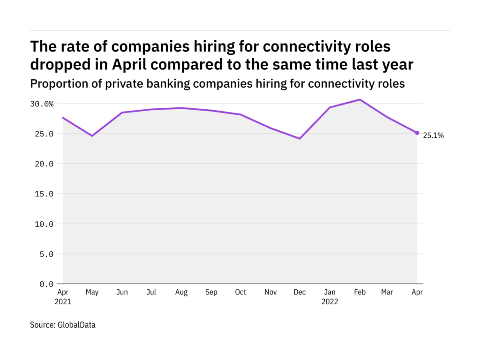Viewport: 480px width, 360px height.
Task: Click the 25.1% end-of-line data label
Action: pyautogui.click(x=433, y=136)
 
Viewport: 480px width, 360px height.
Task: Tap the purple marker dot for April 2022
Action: pyautogui.click(x=417, y=133)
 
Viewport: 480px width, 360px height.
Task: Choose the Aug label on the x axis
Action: pyautogui.click(x=181, y=292)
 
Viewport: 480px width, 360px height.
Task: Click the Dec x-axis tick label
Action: pyautogui.click(x=300, y=292)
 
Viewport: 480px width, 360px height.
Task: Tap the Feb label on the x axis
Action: pyautogui.click(x=359, y=292)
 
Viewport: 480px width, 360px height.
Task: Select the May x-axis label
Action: pyautogui.click(x=92, y=292)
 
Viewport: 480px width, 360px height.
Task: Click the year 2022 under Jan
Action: pyautogui.click(x=330, y=302)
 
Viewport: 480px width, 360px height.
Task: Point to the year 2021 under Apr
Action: pyautogui.click(x=63, y=302)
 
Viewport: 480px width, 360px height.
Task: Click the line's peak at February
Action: pyautogui.click(x=360, y=99)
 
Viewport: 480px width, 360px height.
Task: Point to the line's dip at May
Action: pyautogui.click(x=92, y=136)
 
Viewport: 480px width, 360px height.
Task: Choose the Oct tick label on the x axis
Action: pyautogui.click(x=240, y=292)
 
